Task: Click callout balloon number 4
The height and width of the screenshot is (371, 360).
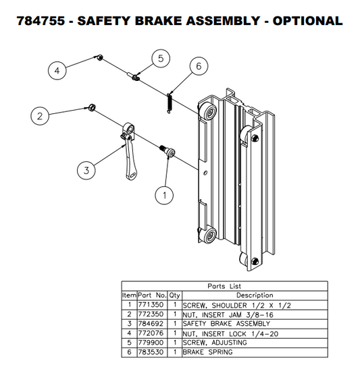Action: pos(58,69)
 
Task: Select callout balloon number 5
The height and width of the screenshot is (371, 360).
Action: pos(160,59)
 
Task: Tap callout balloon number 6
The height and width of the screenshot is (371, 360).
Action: pos(199,66)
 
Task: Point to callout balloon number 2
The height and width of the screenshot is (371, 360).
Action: pos(40,116)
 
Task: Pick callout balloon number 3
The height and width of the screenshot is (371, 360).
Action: pos(86,171)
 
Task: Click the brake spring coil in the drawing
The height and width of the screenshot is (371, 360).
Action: pos(170,102)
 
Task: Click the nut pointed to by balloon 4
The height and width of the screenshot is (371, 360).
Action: pos(99,58)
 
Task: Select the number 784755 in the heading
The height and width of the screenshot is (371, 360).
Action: pos(39,20)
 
